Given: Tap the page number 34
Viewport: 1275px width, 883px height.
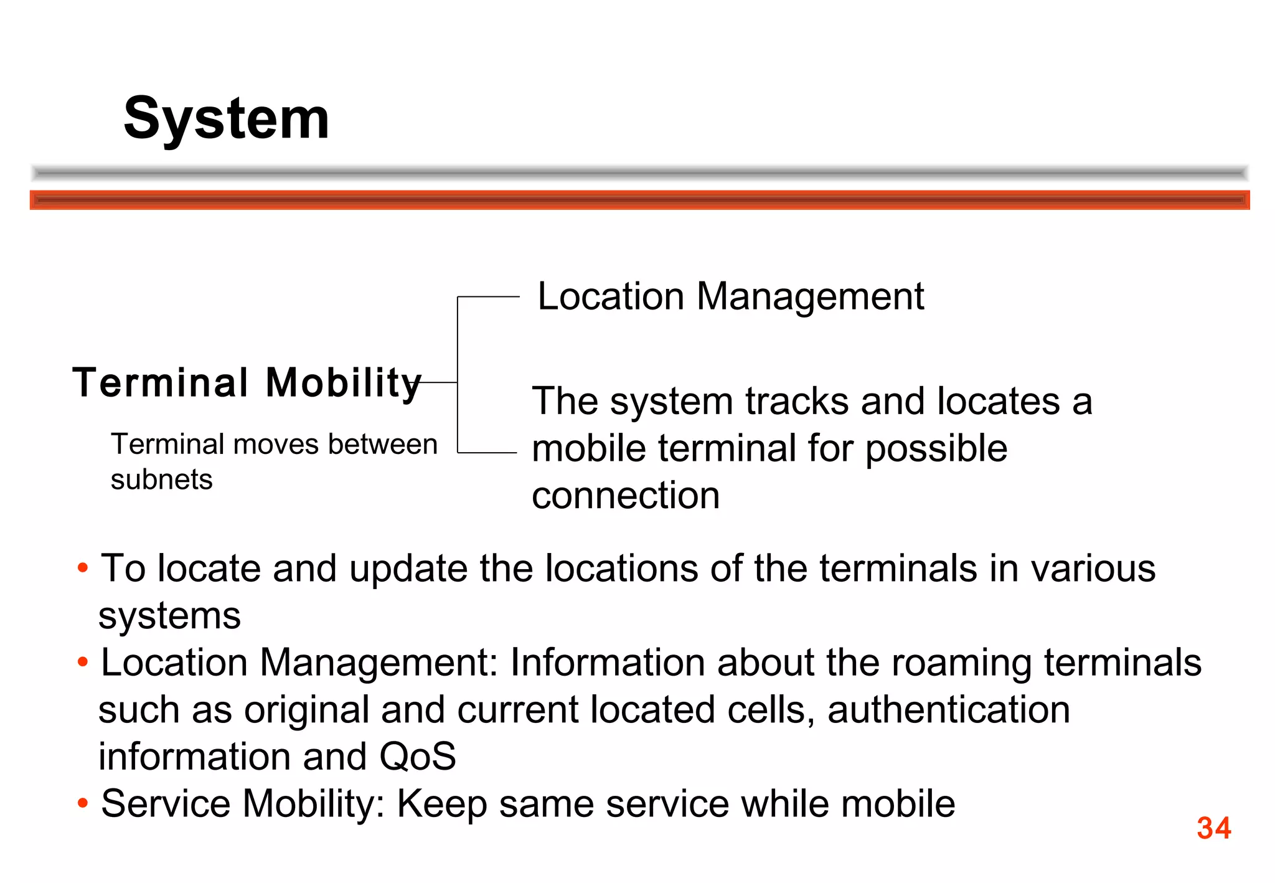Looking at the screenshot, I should pos(1213,828).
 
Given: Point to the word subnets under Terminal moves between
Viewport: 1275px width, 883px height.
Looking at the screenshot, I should pos(162,479).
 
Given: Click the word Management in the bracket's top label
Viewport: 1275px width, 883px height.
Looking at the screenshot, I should pos(810,296).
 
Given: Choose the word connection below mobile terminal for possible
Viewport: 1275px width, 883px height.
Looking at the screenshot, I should pos(626,496).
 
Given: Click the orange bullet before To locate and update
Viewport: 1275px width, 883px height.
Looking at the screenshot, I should pos(83,568).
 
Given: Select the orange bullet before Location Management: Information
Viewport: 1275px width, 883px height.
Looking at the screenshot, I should pos(83,662).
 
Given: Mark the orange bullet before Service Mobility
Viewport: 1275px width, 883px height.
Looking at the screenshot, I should pos(83,803).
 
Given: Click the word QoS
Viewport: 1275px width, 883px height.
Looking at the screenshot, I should pos(417,757).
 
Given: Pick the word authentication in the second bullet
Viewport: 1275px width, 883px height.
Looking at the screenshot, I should pos(948,710).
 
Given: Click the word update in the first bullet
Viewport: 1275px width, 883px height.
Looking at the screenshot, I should pos(408,569).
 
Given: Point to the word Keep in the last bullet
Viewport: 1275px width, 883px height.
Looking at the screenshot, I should pos(441,804).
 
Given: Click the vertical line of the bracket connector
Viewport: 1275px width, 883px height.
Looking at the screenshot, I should pos(458,374).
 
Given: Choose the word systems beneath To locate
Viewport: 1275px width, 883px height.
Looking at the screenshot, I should pos(169,616).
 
